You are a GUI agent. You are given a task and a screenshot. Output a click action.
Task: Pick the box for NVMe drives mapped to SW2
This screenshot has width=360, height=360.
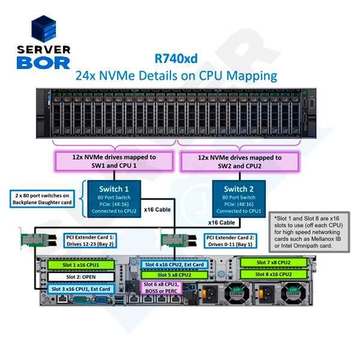point(238,161)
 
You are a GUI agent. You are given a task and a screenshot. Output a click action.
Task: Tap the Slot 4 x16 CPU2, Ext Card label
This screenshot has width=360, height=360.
point(175,265)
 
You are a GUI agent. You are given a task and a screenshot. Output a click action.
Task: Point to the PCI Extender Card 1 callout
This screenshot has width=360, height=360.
point(89,241)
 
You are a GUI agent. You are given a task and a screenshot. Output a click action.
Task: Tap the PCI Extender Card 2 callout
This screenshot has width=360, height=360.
point(230,241)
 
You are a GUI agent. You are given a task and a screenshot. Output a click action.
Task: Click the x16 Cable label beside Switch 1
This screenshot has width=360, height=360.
point(157,210)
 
